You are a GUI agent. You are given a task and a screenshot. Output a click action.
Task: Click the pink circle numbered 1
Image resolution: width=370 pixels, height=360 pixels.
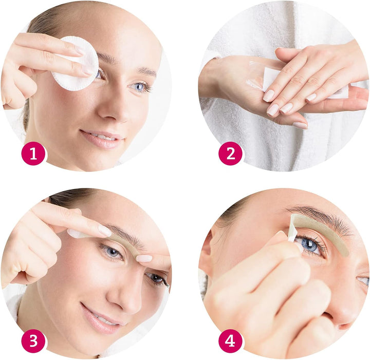pyautogui.click(x=33, y=154)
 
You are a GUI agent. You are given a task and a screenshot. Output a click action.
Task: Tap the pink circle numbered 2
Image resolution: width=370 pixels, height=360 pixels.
pyautogui.click(x=230, y=154)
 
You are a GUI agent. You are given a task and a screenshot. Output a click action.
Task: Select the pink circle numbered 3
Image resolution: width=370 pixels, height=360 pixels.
pyautogui.click(x=33, y=341)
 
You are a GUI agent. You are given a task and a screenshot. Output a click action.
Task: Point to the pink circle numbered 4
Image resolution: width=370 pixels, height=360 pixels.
pyautogui.click(x=230, y=341)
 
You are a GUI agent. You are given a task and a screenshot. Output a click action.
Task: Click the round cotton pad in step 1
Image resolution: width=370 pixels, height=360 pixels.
pyautogui.click(x=76, y=63)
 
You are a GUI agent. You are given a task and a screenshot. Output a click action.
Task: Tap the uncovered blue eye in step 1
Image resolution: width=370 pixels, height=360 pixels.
pyautogui.click(x=139, y=87)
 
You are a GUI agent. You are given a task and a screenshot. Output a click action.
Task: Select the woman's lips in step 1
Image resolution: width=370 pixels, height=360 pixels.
pyautogui.click(x=101, y=139)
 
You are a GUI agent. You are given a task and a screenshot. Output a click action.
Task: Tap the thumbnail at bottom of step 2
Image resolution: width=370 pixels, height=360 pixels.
pyautogui.click(x=300, y=125)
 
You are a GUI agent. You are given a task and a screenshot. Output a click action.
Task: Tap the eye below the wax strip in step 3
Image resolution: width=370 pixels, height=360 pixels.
pyautogui.click(x=112, y=252)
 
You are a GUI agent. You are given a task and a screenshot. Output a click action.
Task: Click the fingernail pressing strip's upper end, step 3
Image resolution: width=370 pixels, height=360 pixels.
pyautogui.click(x=104, y=231)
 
